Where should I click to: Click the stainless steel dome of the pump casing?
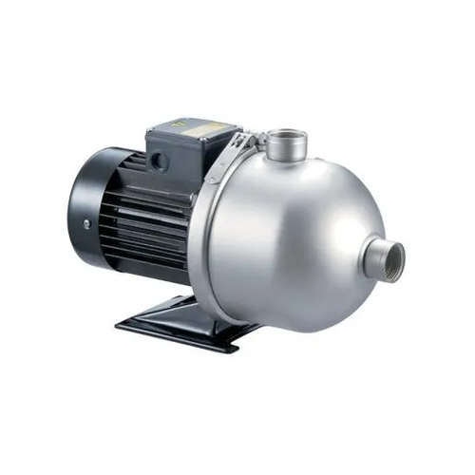point(304,228)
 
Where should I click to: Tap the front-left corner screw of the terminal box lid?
point(150,129)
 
